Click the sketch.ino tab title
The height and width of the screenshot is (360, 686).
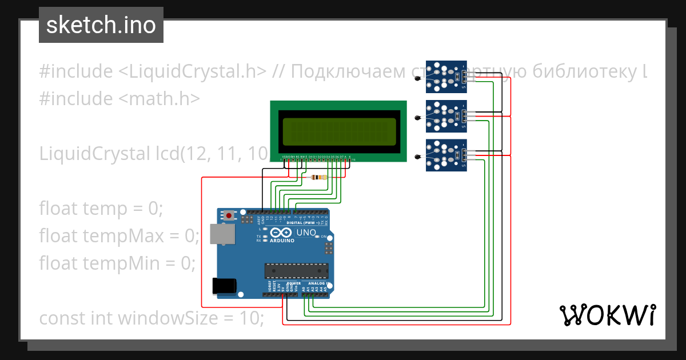coord(101,25)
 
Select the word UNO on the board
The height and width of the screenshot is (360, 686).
coord(306,233)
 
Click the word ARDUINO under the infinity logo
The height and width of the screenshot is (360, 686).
coord(281,241)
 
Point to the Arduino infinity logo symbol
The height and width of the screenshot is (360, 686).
coord(281,233)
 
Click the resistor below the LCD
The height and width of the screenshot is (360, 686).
coord(318,177)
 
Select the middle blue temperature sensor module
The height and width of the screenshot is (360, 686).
coord(446,116)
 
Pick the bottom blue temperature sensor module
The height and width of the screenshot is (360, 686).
coord(446,155)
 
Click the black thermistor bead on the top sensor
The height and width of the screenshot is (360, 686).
coord(417,79)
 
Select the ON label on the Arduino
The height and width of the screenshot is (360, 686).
coord(324,237)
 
